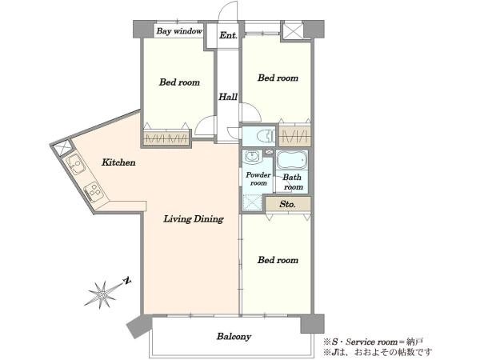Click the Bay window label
pos(179,31)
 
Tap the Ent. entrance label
pos(228,35)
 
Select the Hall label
pos(228,97)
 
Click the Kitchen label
pos(118,162)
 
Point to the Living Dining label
pos(194,219)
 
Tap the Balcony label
pos(234,337)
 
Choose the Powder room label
pos(258,179)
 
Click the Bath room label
pos(293,182)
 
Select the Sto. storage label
pos(287,204)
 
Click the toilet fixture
pos(265,136)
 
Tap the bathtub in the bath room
pos(292,160)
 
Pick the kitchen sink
pos(75,164)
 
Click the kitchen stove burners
pos(94,191)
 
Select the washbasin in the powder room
pos(252,157)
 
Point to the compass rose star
pos(102,294)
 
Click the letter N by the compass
pos(127,281)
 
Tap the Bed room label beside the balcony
pos(278,260)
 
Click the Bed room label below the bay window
pos(179,82)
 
